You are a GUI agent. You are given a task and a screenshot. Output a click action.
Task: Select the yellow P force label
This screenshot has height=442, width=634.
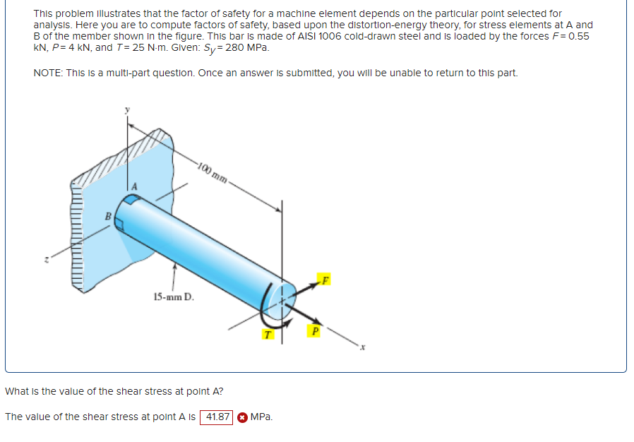(x=315, y=329)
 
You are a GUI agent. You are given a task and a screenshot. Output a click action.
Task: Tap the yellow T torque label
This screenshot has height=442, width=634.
(x=267, y=334)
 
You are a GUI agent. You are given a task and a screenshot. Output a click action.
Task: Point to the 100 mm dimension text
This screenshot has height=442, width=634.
(x=213, y=172)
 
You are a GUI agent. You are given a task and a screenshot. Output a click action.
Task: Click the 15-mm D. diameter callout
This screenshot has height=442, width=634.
(x=171, y=297)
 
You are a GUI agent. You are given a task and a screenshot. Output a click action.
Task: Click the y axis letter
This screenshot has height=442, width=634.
(x=128, y=110)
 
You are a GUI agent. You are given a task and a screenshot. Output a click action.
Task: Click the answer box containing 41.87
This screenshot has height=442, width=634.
(x=217, y=417)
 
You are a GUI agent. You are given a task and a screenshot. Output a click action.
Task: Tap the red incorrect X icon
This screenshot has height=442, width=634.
(x=242, y=417)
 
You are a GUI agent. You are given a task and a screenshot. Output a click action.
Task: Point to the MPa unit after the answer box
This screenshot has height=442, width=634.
(x=261, y=417)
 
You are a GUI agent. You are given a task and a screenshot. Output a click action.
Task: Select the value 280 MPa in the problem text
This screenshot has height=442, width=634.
(x=246, y=47)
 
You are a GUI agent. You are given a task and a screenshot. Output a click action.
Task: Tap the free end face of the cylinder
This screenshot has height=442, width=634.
(x=285, y=300)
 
